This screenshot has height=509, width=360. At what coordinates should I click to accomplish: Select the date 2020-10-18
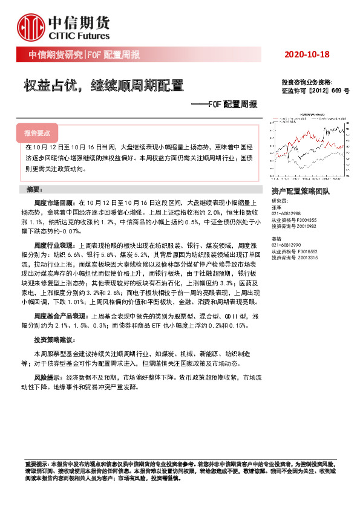click(306, 55)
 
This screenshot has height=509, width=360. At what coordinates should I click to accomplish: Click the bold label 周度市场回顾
click(54, 203)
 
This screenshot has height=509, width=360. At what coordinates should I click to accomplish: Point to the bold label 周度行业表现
click(54, 245)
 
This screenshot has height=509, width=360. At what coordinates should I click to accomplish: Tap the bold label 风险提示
click(48, 376)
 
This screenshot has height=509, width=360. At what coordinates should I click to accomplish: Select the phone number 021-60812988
click(288, 213)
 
